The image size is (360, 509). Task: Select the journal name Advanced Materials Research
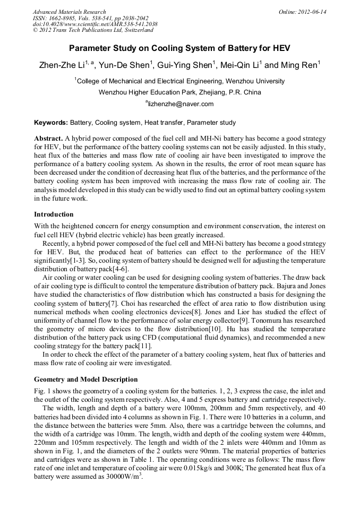coord(69,12)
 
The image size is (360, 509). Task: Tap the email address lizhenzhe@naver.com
coord(181,104)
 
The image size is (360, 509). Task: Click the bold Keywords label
coord(51,123)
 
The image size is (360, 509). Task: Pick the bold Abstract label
coord(48,137)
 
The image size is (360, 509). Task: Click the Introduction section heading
coord(54,214)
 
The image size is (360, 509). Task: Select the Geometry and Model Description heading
coord(85,379)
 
